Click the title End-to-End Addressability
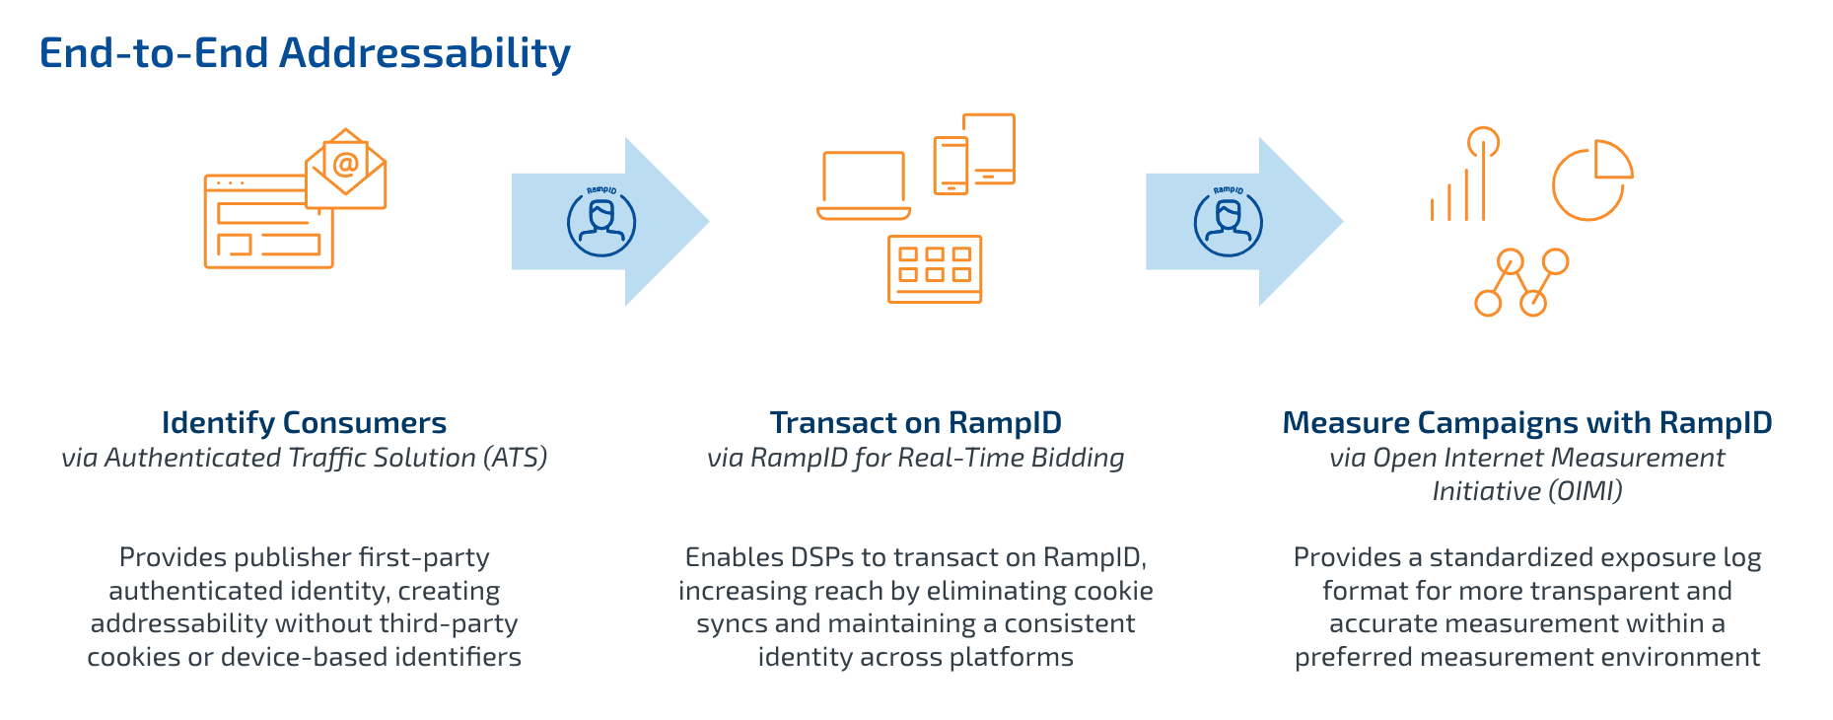point(305,53)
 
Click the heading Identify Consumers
point(304,423)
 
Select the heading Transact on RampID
point(915,423)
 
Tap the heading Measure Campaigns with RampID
point(1526,423)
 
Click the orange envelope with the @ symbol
point(346,170)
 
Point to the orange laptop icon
point(864,185)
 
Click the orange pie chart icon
point(1591,180)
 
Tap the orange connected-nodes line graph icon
point(1520,282)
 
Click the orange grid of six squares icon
point(935,268)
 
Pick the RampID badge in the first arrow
point(601,221)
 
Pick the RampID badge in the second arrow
point(1228,221)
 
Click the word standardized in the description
point(1512,558)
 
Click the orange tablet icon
point(989,148)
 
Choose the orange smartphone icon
point(951,166)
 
